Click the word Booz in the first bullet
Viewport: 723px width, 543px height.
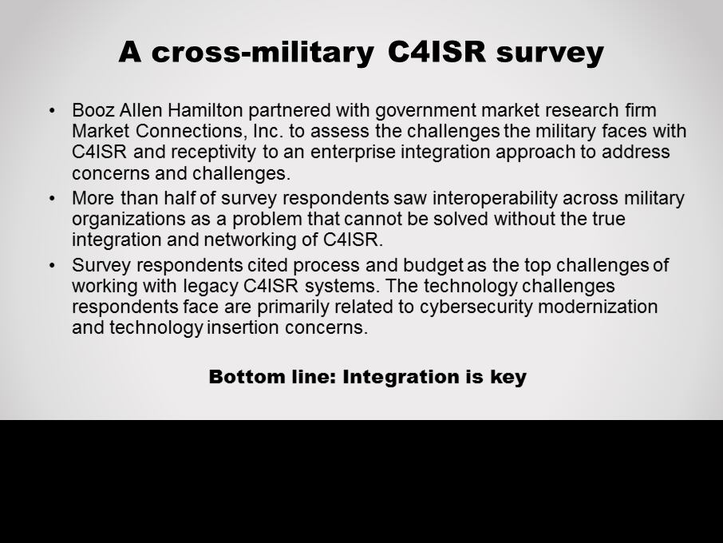click(x=93, y=110)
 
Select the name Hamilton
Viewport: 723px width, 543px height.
click(x=205, y=110)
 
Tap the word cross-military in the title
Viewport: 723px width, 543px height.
click(x=263, y=52)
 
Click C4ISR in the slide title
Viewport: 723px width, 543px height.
click(x=437, y=51)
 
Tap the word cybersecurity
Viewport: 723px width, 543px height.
click(x=476, y=307)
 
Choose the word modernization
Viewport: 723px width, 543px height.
click(x=598, y=307)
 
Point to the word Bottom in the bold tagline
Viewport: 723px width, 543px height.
click(x=247, y=376)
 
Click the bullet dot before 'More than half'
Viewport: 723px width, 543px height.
click(x=52, y=199)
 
